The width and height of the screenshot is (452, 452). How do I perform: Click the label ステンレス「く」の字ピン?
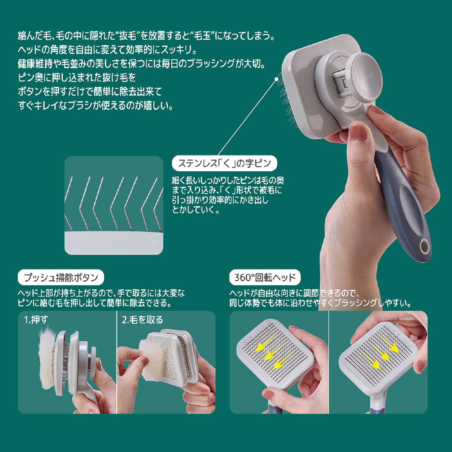224,164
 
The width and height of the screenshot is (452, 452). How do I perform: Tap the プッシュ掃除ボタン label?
61,278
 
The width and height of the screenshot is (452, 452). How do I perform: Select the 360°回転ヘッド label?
265,278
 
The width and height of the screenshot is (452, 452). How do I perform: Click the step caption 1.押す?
36,320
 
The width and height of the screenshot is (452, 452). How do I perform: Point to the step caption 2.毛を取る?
142,320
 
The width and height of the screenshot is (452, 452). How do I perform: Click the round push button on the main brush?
364,77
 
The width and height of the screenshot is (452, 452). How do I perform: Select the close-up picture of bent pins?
114,205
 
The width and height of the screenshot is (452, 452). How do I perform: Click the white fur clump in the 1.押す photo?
47,358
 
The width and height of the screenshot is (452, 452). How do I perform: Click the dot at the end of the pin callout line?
277,78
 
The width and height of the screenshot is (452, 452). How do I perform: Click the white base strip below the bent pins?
114,243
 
